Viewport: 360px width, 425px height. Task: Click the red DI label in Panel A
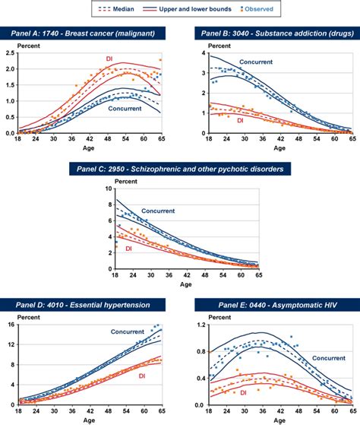[108, 59]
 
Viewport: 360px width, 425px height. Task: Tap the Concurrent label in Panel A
[123, 109]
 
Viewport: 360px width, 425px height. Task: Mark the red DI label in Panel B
[240, 119]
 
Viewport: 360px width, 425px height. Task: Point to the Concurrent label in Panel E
[330, 357]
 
